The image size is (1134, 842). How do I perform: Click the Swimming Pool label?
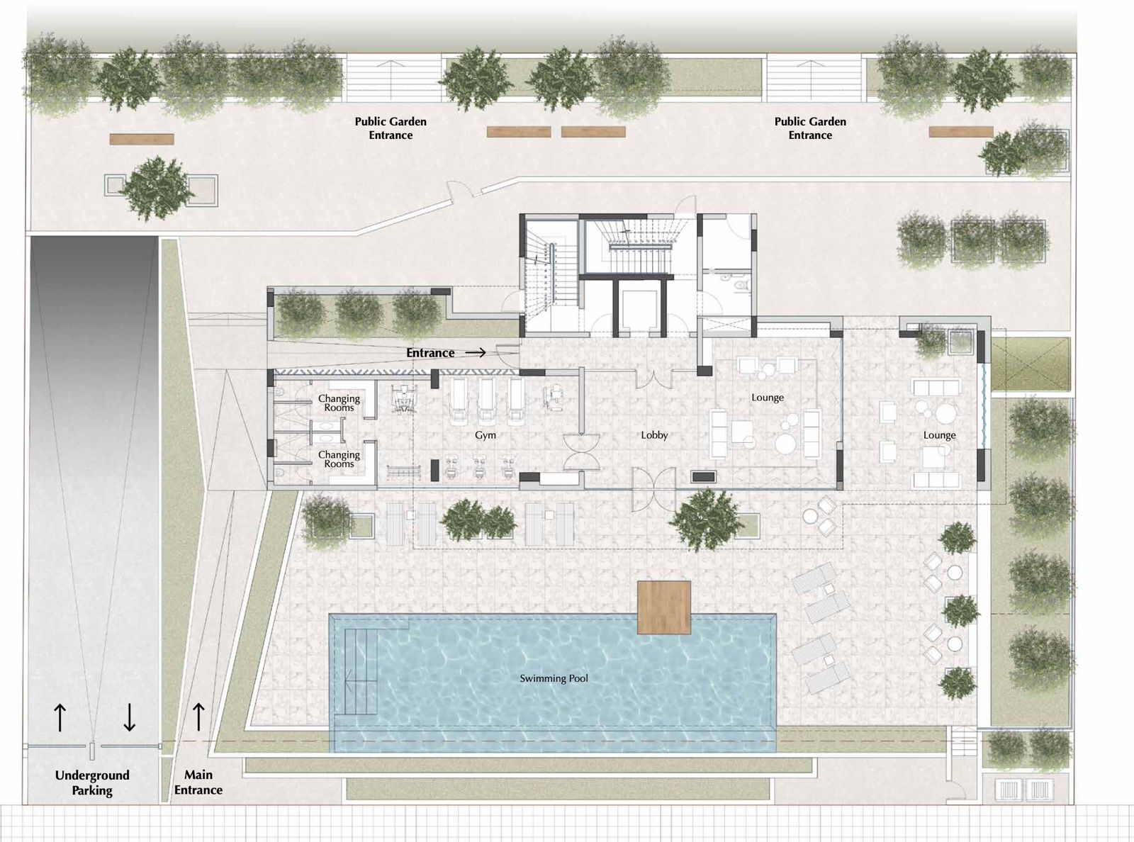pos(554,678)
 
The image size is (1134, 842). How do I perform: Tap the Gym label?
pos(485,435)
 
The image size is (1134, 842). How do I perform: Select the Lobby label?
pos(654,435)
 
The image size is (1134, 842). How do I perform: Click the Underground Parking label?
pos(92,782)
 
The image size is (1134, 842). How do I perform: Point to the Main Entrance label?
pos(198,782)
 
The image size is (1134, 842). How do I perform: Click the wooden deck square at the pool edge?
pos(664,607)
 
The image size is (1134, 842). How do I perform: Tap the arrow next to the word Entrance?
pos(475,353)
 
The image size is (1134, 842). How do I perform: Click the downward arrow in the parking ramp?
pos(130,717)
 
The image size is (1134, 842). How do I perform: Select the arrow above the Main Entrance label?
pos(198,717)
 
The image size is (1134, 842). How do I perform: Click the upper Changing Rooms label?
pos(339,403)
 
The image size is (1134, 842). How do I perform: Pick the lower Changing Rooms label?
pos(339,459)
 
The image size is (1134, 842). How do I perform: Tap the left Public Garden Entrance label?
pos(391,128)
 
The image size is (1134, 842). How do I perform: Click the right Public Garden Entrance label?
pos(810,128)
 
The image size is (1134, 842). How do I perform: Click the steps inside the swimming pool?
pos(361,671)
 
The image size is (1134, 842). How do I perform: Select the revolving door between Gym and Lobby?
pos(581,452)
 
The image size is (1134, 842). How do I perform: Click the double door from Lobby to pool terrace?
pos(654,489)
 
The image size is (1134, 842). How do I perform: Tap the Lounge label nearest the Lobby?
pos(768,398)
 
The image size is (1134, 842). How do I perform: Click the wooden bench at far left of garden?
pos(142,139)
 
